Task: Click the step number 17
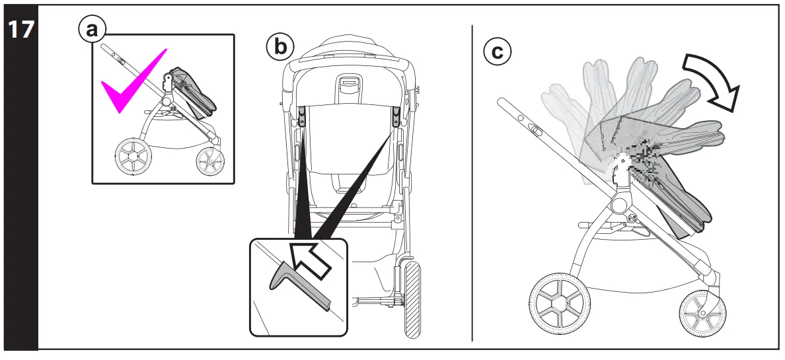[19, 30]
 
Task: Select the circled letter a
[92, 30]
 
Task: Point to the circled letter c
[497, 52]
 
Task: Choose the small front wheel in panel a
[210, 161]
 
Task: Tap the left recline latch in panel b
[301, 117]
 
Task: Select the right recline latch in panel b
[397, 117]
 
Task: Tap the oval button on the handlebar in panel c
[535, 131]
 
